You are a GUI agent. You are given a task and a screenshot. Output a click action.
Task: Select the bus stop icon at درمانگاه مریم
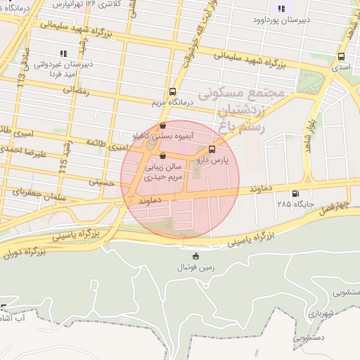click(173, 91)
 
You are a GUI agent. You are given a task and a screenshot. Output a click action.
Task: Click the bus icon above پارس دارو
click(212, 149)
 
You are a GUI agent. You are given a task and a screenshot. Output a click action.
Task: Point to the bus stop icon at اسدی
click(342, 57)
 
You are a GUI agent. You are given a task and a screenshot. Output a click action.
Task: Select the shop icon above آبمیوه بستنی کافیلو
click(163, 125)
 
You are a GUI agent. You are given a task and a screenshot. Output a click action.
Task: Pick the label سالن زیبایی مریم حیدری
click(163, 173)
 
